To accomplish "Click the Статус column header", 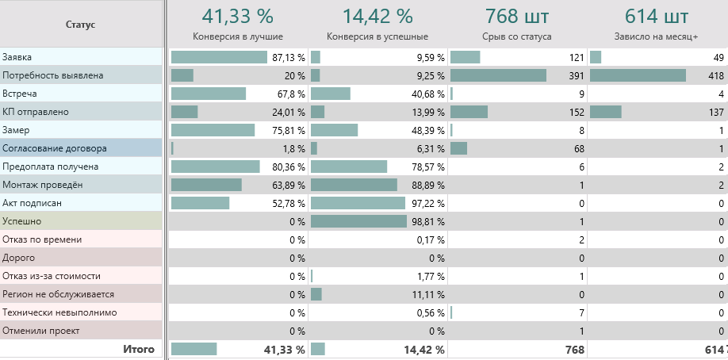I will (81, 25).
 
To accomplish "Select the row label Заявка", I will (17, 57).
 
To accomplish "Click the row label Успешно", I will (21, 221).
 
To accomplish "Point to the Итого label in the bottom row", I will (138, 349).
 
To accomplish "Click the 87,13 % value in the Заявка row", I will (288, 58).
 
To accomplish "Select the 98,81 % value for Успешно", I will (427, 222).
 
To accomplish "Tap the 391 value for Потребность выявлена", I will (576, 76).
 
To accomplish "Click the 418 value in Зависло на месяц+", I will (716, 76).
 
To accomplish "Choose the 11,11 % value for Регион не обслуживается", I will (427, 295).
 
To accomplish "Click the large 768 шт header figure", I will (516, 16).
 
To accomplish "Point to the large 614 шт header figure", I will (657, 16).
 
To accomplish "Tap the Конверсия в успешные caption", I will (377, 36).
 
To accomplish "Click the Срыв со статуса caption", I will (516, 36).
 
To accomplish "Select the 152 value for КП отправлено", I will (576, 113).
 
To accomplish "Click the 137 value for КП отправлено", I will (716, 113).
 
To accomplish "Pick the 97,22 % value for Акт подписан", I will (427, 204).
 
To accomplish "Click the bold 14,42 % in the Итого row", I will (425, 350).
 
